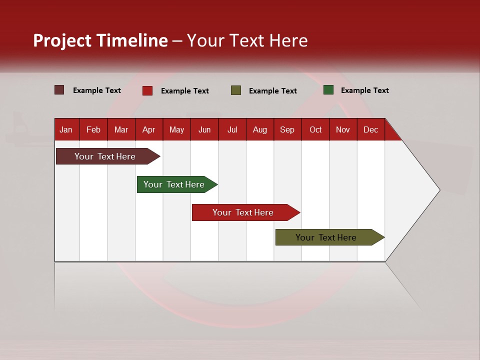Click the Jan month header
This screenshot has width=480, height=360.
[x=66, y=130]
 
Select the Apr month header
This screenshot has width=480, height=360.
[x=148, y=130]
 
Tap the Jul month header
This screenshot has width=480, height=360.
[x=232, y=130]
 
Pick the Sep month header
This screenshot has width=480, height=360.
[x=287, y=130]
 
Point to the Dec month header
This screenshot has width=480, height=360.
[x=370, y=130]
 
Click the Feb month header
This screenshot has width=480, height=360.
[x=93, y=130]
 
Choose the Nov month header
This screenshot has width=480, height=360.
[x=342, y=130]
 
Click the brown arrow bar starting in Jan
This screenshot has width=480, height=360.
[x=105, y=156]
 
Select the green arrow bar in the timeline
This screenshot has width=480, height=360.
[x=174, y=184]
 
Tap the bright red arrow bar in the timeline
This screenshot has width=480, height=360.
[x=243, y=212]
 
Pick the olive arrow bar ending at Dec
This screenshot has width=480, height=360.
[x=326, y=237]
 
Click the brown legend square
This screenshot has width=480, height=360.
[x=59, y=90]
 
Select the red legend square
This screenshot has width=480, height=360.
[x=147, y=90]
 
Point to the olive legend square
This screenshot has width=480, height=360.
[x=236, y=90]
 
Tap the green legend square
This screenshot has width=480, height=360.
[x=328, y=90]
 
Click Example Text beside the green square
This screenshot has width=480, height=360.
[x=364, y=90]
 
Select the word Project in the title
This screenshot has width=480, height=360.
[x=62, y=40]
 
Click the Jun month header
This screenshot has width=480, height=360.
[x=204, y=130]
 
